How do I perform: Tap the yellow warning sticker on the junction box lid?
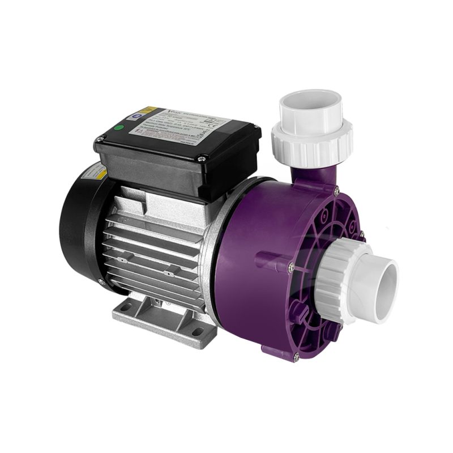[148, 110]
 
